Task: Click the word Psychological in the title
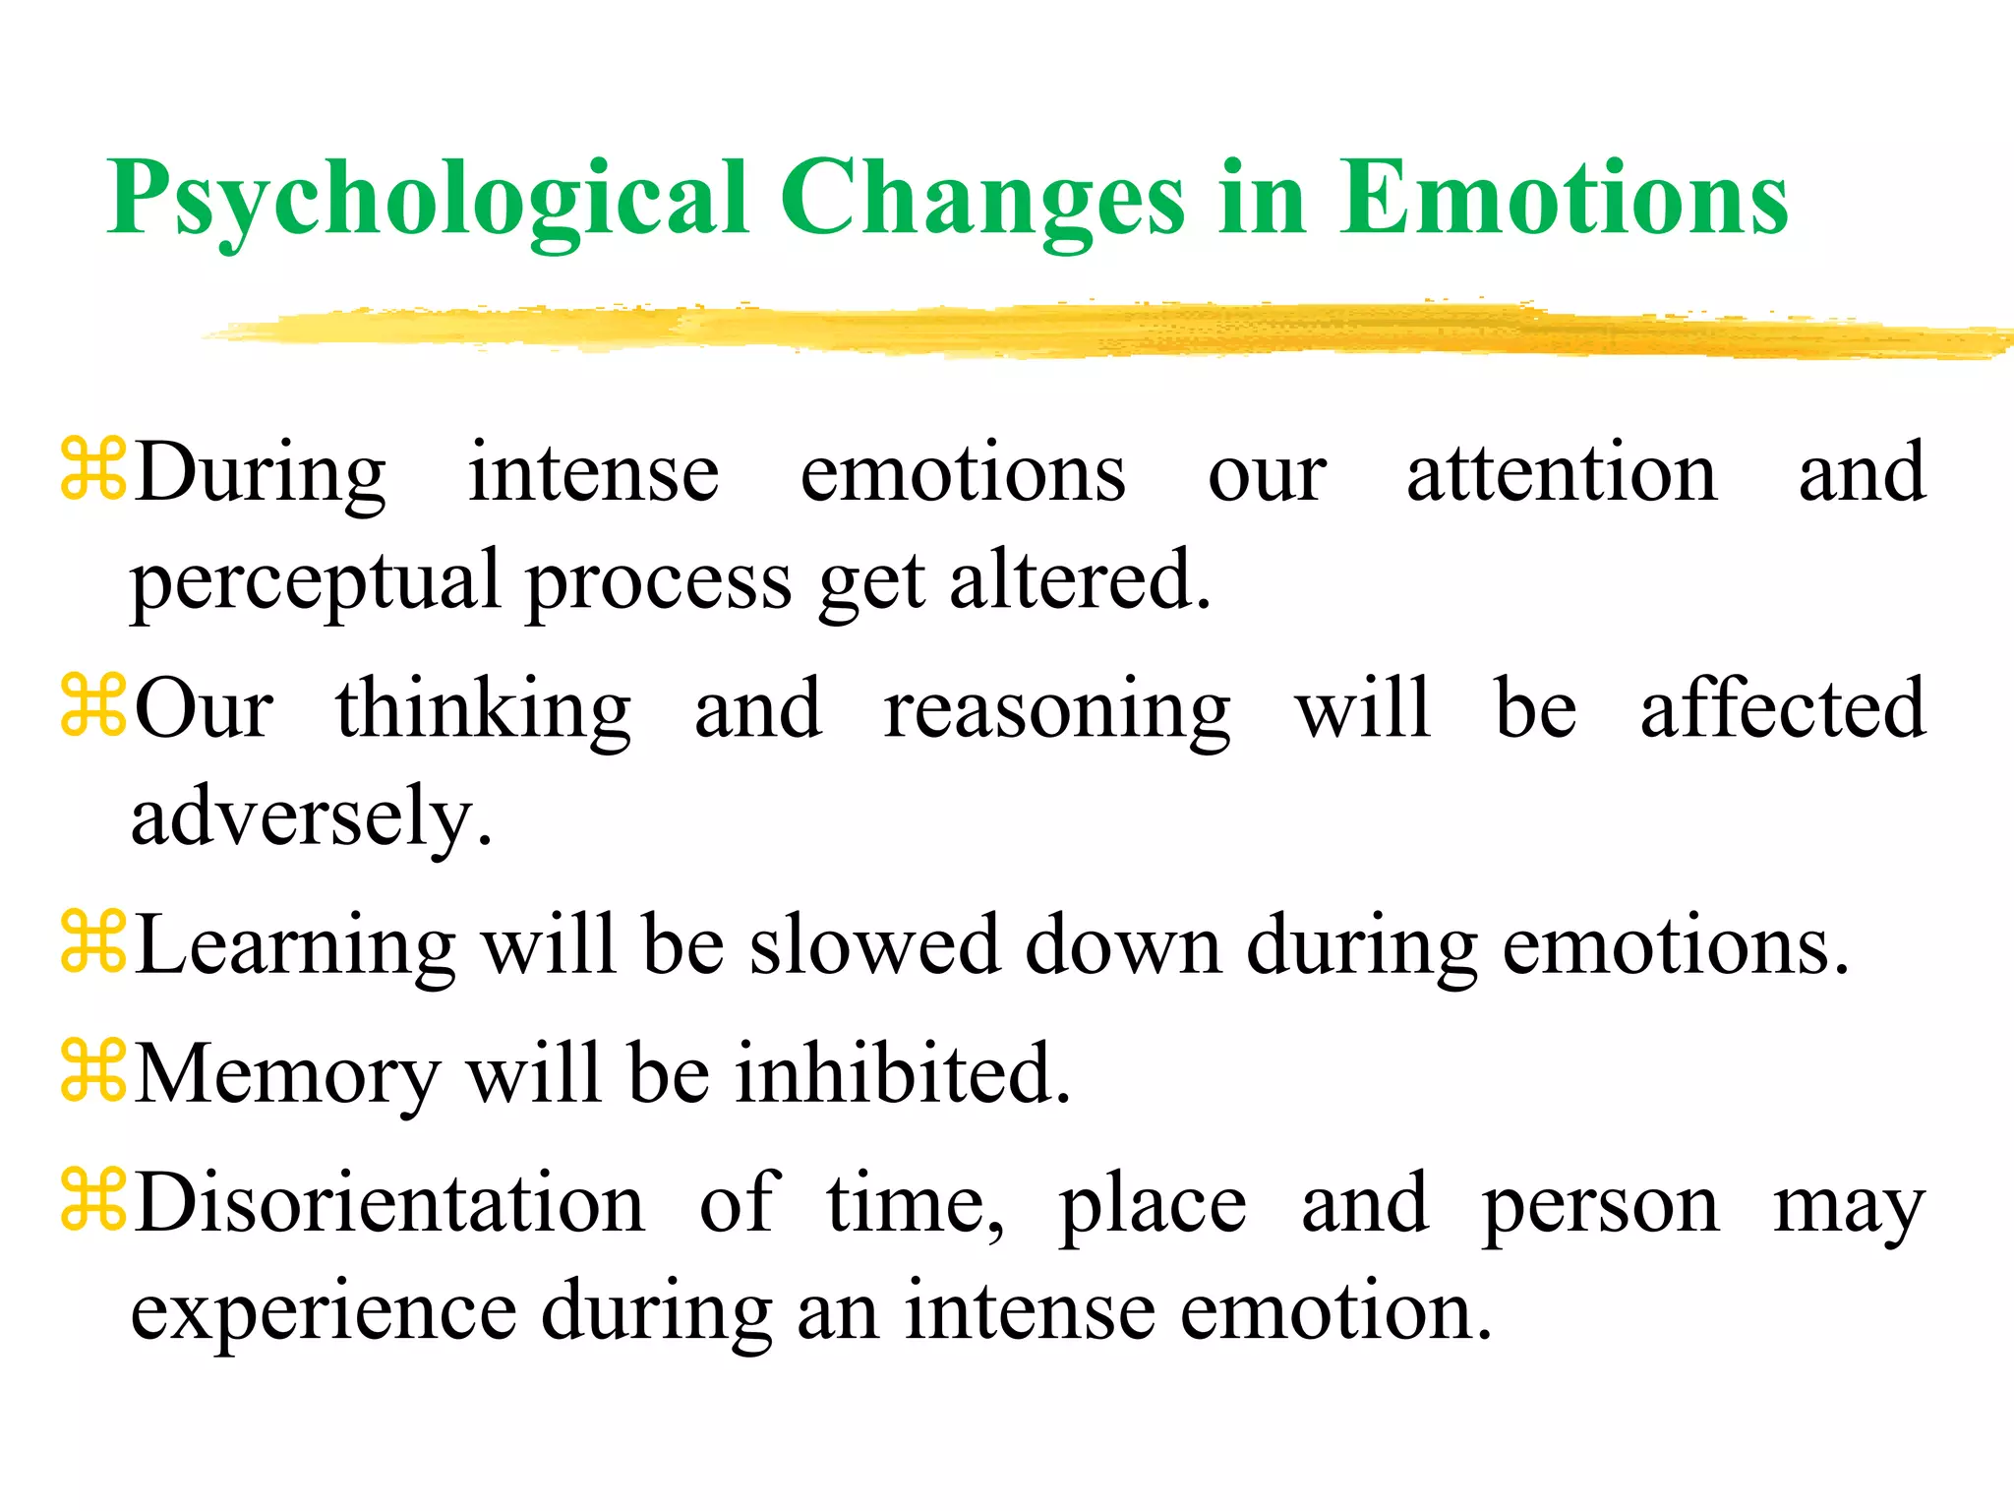pyautogui.click(x=429, y=200)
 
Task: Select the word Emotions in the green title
pyautogui.click(x=1563, y=200)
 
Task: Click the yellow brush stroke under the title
pyautogui.click(x=1082, y=330)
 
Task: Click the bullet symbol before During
pyautogui.click(x=93, y=470)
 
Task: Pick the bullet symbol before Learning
pyautogui.click(x=93, y=942)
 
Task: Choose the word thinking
pyautogui.click(x=483, y=710)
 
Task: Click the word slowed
pyautogui.click(x=874, y=945)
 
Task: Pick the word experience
pyautogui.click(x=324, y=1312)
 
